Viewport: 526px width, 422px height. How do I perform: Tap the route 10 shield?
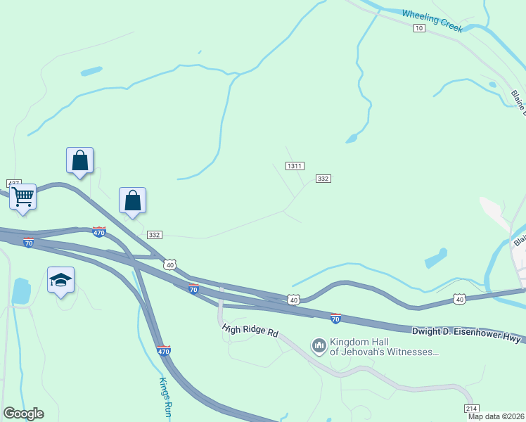tap(419, 27)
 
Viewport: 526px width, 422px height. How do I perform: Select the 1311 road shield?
tap(295, 166)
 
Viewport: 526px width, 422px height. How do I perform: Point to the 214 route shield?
tap(471, 409)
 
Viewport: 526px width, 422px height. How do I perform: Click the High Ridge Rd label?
tap(250, 331)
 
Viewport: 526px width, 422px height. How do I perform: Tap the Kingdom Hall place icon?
tap(319, 345)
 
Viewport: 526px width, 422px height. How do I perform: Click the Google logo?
tap(23, 414)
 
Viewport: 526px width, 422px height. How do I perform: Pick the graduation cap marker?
tap(60, 279)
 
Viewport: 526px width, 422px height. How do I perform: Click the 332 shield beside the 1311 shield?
tap(323, 179)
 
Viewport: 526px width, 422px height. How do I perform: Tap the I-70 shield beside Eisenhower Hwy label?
tap(335, 319)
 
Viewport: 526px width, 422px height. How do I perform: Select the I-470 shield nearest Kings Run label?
tap(164, 350)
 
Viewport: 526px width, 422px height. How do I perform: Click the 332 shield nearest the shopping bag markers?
tap(155, 235)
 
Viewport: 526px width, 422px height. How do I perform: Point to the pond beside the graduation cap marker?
tap(21, 290)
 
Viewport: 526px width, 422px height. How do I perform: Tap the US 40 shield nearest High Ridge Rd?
tap(293, 300)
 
